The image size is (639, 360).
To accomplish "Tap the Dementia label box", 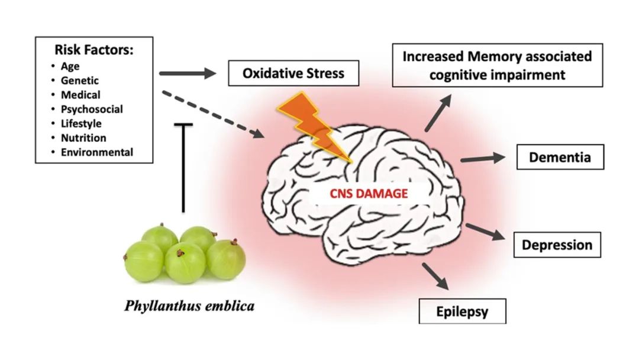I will pos(560,157).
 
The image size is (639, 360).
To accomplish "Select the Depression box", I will pos(557,244).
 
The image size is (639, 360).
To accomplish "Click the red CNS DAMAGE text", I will pos(360,193).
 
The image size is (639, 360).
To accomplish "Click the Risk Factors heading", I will pos(93,50).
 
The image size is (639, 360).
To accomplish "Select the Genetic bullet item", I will pos(80,81).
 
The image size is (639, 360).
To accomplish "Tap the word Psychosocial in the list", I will pos(92,109).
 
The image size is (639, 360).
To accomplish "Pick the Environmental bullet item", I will pos(96,152).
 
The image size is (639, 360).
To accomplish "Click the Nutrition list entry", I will pos(83,138).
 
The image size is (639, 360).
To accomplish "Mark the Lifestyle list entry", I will pos(81,124).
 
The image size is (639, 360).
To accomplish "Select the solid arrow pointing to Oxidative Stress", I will pos(189,74).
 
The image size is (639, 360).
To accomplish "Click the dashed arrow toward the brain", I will pos(213,114).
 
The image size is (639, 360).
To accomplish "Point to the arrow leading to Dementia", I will pos(482,158).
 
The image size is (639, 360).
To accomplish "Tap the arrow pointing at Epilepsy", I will pos(435,275).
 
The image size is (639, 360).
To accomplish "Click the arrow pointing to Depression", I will pos(485,232).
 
